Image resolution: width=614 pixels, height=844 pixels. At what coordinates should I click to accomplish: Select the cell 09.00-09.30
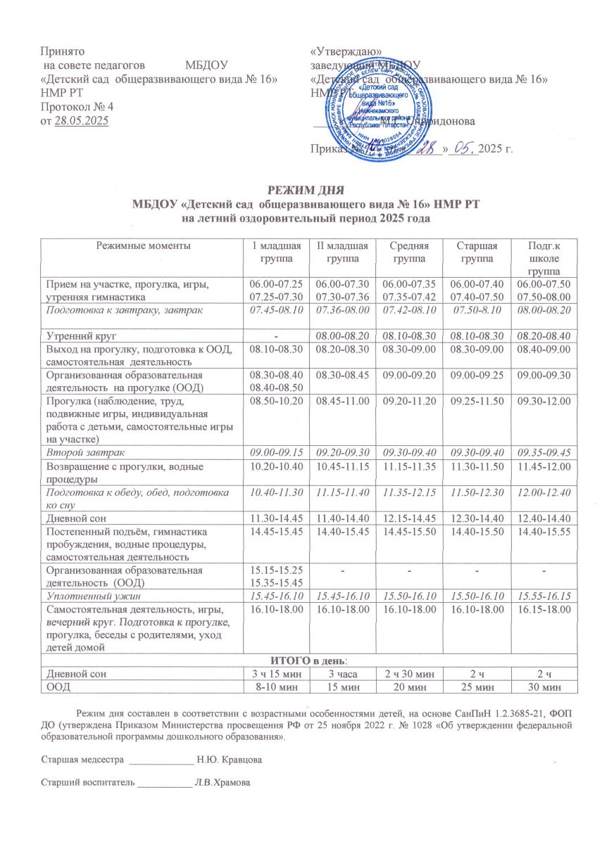tap(541, 376)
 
